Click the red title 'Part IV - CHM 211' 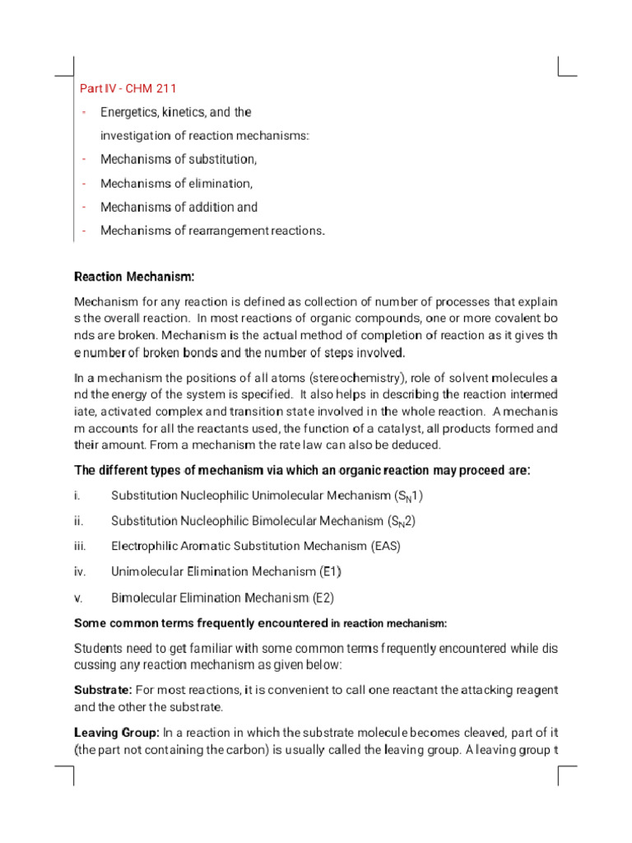point(128,88)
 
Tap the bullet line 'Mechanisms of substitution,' point(179,159)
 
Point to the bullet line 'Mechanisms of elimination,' point(176,183)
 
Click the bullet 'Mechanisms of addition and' point(179,207)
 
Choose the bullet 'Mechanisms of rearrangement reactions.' point(212,231)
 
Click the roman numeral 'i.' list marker point(77,496)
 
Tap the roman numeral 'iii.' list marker point(80,546)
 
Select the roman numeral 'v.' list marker point(78,598)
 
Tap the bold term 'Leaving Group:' point(116,732)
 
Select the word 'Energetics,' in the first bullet point(130,112)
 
